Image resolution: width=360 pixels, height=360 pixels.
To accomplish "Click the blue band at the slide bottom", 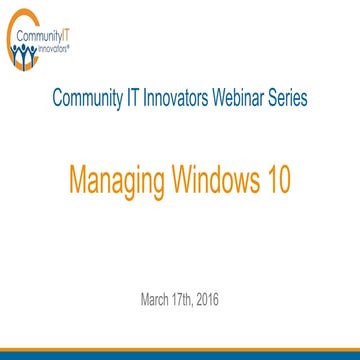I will pos(180,354).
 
